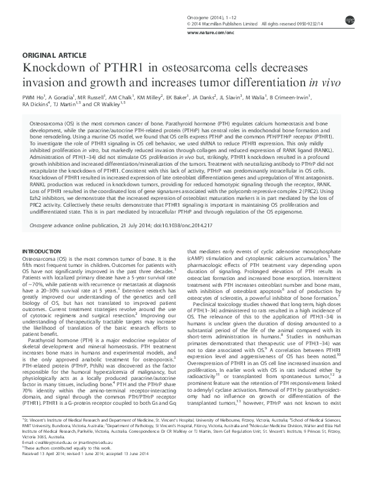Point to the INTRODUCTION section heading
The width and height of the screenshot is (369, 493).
tap(42, 233)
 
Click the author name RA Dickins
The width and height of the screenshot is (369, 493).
tap(35, 105)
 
